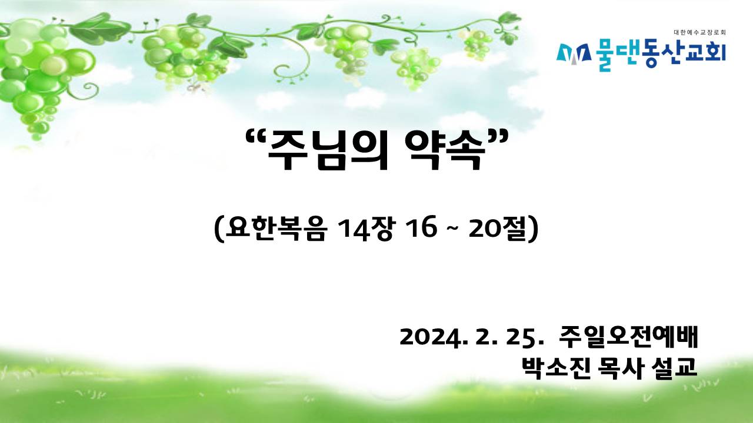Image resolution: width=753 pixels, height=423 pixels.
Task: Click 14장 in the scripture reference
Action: click(365, 229)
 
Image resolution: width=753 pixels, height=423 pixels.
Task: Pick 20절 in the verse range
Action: click(497, 229)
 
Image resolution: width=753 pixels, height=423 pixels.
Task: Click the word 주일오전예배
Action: click(628, 336)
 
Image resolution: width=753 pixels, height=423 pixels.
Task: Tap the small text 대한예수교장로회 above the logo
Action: click(700, 32)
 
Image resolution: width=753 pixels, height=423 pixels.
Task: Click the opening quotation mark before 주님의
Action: click(255, 137)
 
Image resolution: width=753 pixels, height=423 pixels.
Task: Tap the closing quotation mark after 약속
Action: click(498, 137)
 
